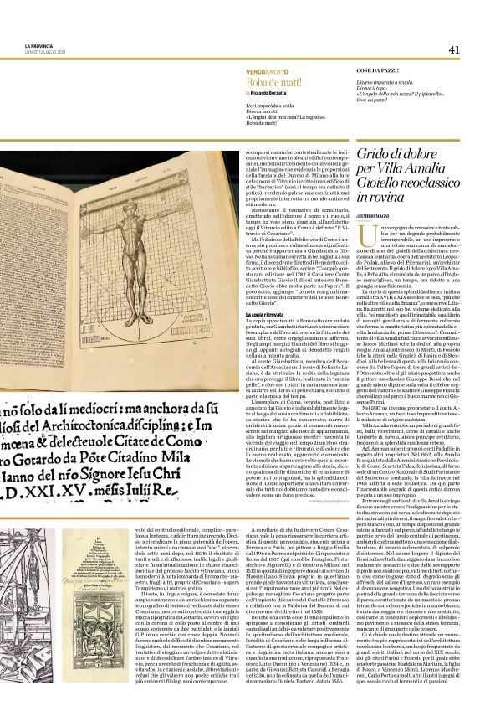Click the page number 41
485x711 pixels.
coord(453,49)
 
